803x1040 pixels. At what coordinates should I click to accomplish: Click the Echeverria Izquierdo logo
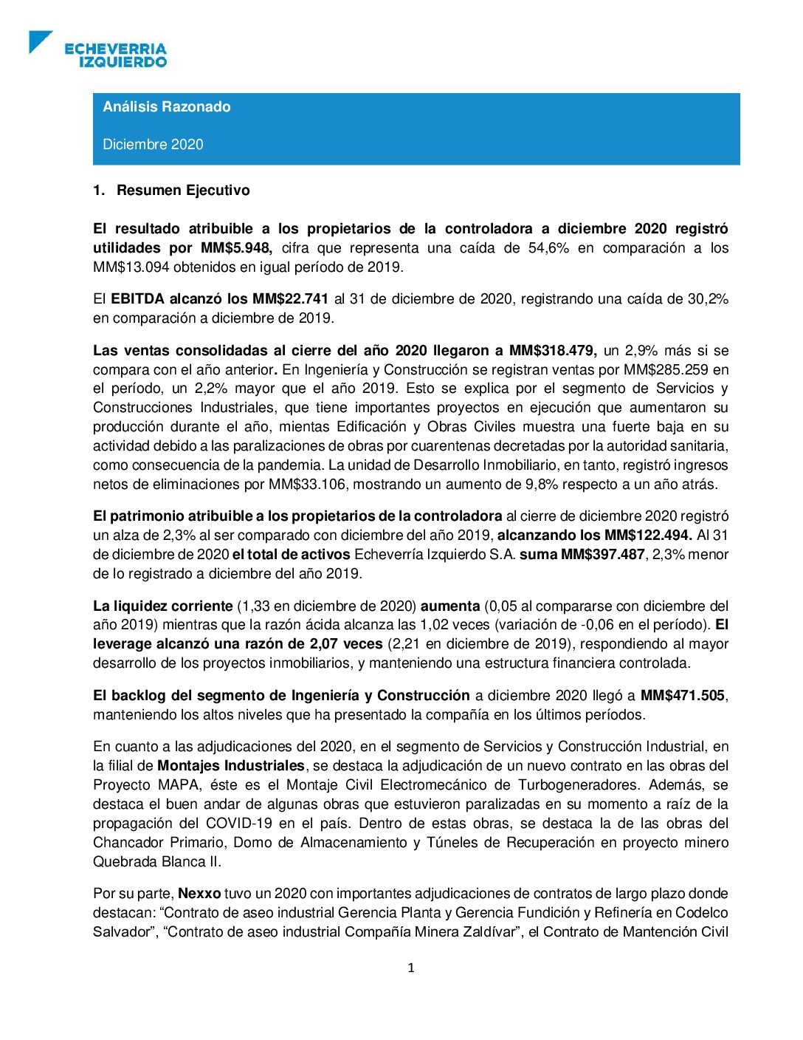99,50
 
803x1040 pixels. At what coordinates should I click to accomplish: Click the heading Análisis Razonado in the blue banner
167,107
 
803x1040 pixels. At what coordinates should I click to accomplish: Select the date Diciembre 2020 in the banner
153,145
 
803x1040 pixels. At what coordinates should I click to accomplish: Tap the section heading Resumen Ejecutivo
183,191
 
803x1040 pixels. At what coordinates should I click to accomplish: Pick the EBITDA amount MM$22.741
290,299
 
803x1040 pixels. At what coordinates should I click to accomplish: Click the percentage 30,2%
706,299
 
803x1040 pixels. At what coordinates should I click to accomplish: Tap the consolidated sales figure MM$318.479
553,351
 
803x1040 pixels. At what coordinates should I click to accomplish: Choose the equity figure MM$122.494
647,536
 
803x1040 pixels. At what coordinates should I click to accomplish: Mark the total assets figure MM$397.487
602,555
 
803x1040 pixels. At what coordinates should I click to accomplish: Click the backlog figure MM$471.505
683,696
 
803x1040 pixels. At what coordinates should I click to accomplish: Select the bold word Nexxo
199,894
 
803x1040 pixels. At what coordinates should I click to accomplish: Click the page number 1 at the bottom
411,968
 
